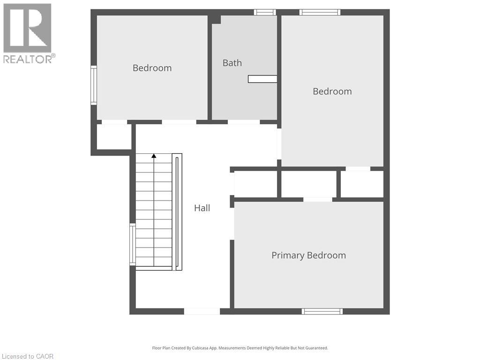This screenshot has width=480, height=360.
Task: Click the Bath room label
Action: pos(232,63)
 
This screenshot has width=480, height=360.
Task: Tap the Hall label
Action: pos(202,208)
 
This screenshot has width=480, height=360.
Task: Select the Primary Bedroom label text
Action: pos(308,255)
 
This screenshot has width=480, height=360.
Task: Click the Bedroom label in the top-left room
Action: pos(152,68)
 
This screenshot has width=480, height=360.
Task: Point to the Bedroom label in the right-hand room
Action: pos(332,91)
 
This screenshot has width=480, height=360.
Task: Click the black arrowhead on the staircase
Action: pos(154,156)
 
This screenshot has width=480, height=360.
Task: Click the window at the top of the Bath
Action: pos(265,12)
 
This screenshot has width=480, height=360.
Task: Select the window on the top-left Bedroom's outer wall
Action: pos(94,85)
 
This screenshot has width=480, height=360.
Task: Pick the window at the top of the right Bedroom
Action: pos(320,12)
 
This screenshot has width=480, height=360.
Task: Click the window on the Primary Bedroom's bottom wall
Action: pos(322,311)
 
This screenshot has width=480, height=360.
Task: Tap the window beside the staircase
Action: pos(133,245)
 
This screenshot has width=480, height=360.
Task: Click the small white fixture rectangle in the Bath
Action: pos(262,79)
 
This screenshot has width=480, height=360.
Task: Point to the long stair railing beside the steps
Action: pos(177,212)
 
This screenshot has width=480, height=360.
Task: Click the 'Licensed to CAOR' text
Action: pos(27,356)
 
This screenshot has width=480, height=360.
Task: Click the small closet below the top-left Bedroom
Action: pos(114,137)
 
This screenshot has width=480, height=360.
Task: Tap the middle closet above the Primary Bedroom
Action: pos(308,184)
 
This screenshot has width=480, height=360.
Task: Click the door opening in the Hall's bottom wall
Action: pos(202,311)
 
